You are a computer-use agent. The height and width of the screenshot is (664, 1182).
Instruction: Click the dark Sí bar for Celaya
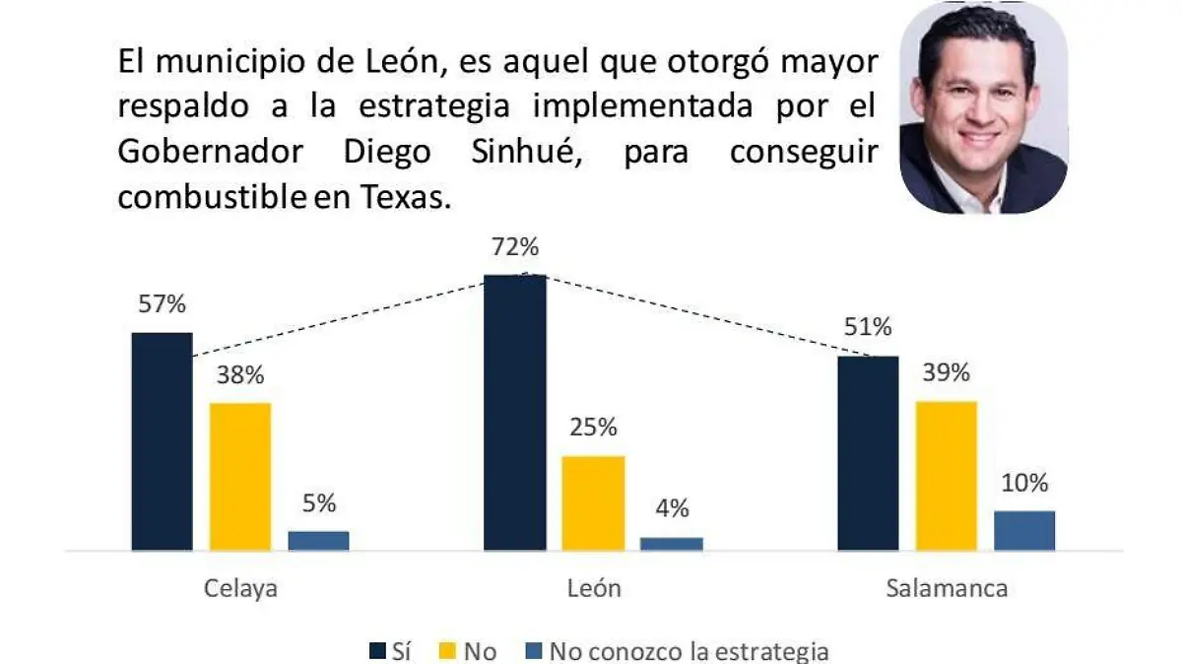coord(163,441)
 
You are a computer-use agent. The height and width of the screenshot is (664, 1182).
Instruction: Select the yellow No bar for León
coord(593,502)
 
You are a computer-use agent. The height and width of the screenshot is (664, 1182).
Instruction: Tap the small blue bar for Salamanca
coord(1023,530)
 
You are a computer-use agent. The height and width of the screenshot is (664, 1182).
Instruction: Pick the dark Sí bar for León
coord(514,412)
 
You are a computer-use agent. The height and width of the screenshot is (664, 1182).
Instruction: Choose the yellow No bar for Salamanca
coord(946,475)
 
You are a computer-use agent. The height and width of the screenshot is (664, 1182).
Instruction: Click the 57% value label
coord(162,304)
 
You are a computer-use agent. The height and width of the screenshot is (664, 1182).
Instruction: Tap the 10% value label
coord(1024,484)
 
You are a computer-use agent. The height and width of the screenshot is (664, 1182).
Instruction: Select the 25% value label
coord(593,428)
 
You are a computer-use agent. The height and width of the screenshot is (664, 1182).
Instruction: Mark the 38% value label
coord(240,375)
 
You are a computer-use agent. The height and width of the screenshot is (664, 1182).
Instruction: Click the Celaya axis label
coord(240,589)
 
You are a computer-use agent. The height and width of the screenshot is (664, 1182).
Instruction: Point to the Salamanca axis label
coord(946,589)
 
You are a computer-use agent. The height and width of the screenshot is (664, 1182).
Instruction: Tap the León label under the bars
coord(594,589)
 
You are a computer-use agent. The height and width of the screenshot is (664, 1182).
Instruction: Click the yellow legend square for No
coord(447,651)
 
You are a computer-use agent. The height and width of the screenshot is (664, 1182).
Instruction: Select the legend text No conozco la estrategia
coord(689,651)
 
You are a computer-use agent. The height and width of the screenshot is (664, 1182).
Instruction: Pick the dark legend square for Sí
coord(377,651)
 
